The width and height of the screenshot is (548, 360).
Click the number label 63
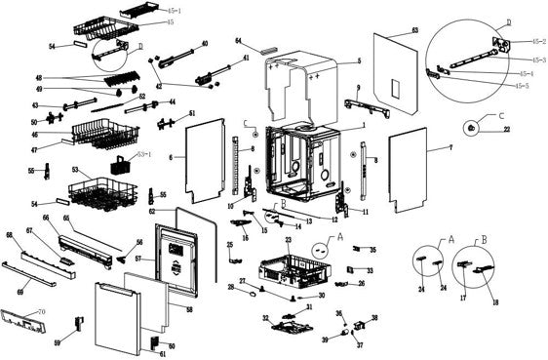(414, 32)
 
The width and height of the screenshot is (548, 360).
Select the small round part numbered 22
(471, 127)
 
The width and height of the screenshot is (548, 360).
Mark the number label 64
(239, 40)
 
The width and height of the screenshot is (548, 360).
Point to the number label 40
(204, 44)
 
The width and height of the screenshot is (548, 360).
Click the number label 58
(189, 309)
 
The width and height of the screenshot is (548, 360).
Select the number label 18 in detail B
(494, 304)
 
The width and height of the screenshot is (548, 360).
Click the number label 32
(265, 318)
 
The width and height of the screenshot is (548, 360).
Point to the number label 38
(374, 319)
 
